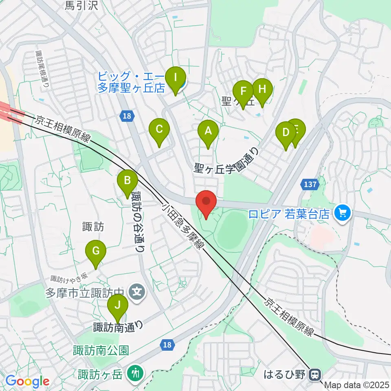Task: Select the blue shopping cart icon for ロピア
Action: point(342,213)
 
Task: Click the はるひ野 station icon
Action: point(314,374)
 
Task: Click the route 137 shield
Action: point(310,185)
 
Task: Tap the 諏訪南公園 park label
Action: point(101,350)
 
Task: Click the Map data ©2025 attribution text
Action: point(357,384)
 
